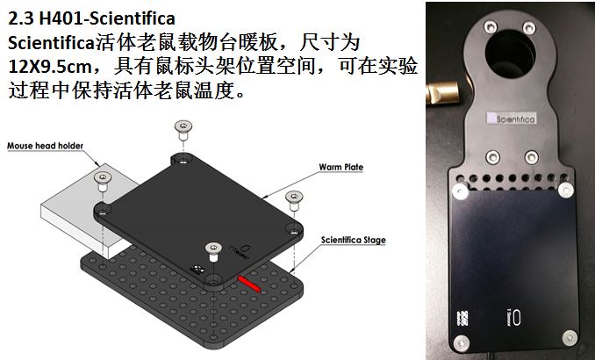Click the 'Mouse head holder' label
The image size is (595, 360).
pos(45,146)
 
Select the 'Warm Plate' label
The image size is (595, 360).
pos(341,167)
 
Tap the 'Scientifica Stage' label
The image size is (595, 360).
pos(354,240)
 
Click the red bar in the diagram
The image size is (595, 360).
pos(249,284)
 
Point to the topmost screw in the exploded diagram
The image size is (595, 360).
pos(183,130)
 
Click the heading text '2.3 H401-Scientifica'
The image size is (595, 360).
pos(91,18)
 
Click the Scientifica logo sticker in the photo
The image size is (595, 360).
pos(511,119)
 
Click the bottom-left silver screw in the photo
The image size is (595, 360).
pos(461,343)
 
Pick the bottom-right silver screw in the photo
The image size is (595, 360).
pos(570,338)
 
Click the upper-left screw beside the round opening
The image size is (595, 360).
pos(491,27)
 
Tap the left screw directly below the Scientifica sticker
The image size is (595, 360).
pos(493,157)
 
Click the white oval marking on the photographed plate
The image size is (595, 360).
pos(516,318)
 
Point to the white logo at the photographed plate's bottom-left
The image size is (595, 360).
pos(463,319)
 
